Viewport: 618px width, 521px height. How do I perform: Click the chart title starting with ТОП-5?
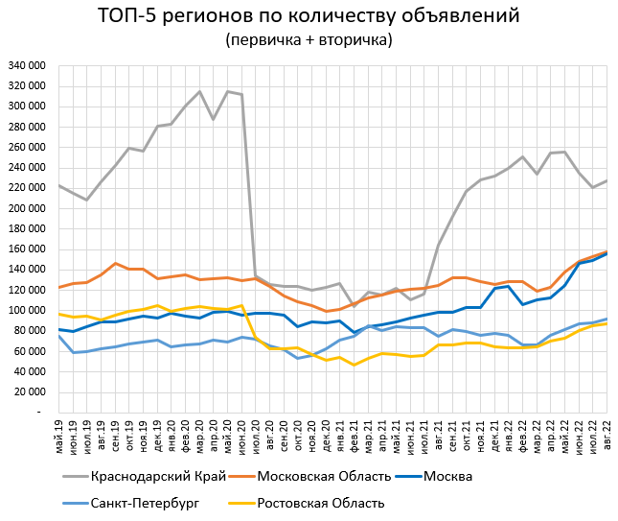click(309, 16)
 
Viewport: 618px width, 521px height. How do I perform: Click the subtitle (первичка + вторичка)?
click(309, 40)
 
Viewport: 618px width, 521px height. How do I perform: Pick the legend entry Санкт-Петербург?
click(143, 503)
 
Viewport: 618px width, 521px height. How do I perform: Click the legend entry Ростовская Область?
click(320, 503)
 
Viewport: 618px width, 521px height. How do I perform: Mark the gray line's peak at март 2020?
click(199, 92)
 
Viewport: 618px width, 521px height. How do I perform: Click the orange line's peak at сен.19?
click(115, 263)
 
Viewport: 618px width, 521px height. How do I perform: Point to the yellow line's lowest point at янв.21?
click(354, 365)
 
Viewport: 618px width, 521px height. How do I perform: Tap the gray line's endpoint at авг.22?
click(607, 180)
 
